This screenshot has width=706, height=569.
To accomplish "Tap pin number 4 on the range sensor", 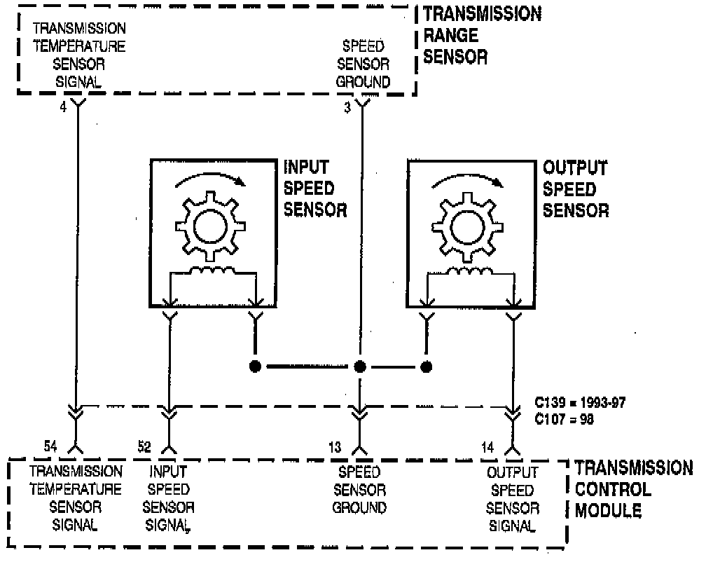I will click(x=62, y=109).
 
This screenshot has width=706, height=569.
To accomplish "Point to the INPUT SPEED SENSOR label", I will click(x=315, y=188).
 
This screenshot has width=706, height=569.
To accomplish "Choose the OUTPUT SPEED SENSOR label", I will click(x=576, y=188).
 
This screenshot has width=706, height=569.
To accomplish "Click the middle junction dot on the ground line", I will click(x=360, y=366).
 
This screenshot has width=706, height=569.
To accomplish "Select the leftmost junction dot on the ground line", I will click(x=255, y=366).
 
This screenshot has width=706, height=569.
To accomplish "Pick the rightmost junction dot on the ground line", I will click(x=426, y=366).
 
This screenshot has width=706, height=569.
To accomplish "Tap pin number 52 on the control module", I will click(x=144, y=446).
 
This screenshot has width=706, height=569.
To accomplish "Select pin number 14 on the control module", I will click(x=487, y=446).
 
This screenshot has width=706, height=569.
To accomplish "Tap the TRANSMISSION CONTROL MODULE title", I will click(x=632, y=489).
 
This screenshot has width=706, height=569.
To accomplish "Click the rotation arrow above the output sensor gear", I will click(x=467, y=181).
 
